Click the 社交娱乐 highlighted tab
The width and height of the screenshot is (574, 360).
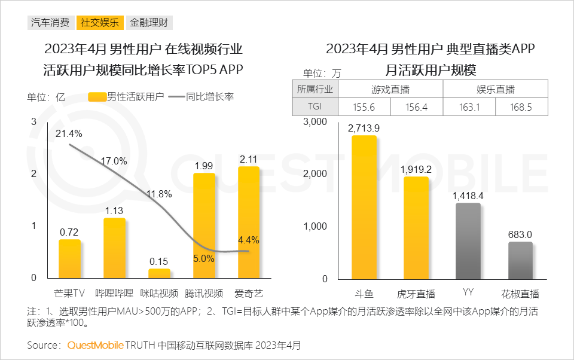coord(99,23)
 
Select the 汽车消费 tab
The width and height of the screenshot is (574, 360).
coord(50,23)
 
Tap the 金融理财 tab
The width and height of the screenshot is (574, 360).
coord(149,23)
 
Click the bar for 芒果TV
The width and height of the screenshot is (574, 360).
coord(69,258)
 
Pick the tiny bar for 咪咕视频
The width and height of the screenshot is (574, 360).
coord(159,273)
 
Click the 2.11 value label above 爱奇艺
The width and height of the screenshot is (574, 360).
coord(248,159)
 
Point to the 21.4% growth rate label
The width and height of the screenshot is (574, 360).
coord(69,133)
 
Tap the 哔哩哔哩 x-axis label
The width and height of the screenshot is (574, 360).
coord(114,293)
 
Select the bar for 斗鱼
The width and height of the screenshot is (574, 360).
coord(364,206)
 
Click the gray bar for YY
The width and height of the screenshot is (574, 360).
coord(468,240)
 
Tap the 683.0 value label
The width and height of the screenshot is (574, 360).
coord(520,234)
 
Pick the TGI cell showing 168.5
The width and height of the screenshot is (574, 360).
coord(521,107)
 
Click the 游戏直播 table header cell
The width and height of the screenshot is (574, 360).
coord(390,90)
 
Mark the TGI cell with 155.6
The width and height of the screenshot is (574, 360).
coord(364,107)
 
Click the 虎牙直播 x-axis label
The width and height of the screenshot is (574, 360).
coord(416,294)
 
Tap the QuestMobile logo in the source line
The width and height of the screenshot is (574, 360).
coord(96,345)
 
